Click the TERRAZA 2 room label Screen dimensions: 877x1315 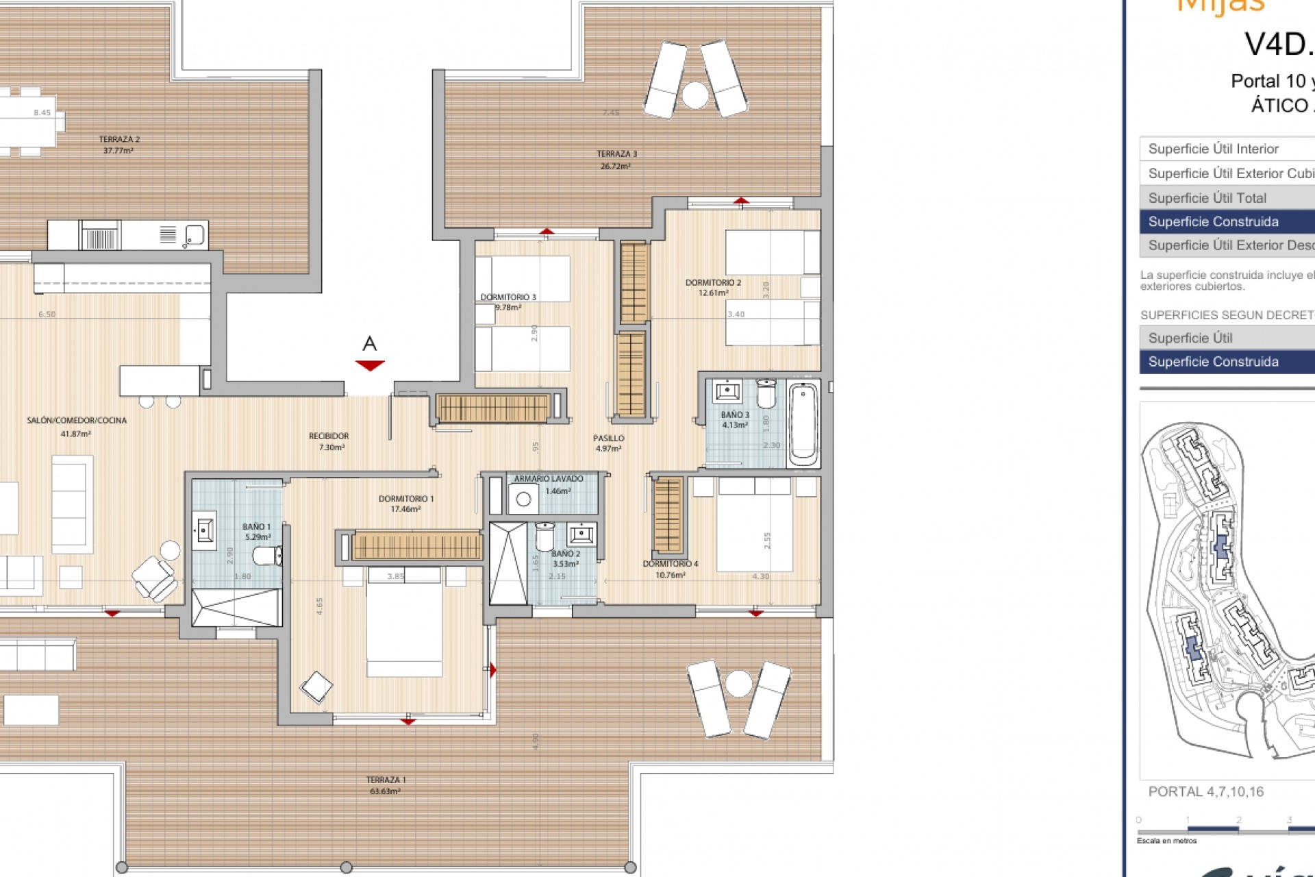119,139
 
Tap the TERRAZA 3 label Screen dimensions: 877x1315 616,154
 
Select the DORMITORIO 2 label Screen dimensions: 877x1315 713,282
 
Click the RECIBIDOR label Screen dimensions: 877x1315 329,436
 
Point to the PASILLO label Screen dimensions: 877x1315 608,438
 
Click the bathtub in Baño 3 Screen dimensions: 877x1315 803,424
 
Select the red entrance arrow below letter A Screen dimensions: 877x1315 370,365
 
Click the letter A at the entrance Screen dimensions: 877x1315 370,344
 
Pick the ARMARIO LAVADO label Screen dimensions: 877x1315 549,479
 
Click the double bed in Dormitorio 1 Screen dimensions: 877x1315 404,623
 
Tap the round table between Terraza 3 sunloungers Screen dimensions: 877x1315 694,95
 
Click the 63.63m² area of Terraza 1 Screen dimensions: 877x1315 385,791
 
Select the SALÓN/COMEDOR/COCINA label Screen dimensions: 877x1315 77,420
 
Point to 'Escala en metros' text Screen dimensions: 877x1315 1166,841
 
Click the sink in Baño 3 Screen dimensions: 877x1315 725,392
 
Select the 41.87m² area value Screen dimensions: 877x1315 75,434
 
